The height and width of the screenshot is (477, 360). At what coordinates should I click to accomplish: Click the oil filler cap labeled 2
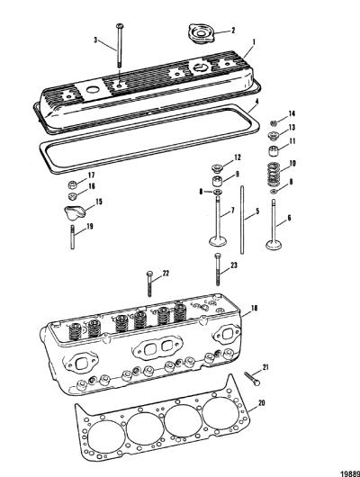[x=201, y=34]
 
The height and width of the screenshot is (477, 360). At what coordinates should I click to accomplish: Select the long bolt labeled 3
[x=120, y=46]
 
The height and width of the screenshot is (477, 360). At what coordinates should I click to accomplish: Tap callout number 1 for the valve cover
[x=254, y=42]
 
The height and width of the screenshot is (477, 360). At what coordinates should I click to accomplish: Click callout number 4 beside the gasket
[x=256, y=102]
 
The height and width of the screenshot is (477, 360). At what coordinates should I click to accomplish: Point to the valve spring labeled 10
[x=274, y=174]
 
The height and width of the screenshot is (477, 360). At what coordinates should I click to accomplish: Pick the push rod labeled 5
[x=242, y=220]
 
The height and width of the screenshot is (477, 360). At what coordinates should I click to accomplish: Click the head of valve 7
[x=218, y=241]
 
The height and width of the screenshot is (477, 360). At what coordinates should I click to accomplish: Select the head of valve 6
[x=274, y=245]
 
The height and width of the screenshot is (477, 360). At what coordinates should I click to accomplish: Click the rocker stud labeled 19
[x=72, y=237]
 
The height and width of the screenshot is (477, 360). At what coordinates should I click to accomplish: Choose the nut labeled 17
[x=72, y=184]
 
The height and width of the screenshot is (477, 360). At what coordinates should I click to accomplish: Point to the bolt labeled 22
[x=149, y=283]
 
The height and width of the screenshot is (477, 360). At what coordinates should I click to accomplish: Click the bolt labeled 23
[x=218, y=269]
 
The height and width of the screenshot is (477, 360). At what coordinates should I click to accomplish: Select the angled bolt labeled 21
[x=252, y=378]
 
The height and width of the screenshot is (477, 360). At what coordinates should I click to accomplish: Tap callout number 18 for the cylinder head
[x=254, y=308]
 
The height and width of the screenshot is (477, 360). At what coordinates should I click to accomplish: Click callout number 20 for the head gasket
[x=261, y=403]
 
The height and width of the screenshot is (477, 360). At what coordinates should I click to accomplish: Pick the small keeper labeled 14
[x=274, y=123]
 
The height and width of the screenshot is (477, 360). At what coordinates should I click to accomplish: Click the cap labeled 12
[x=216, y=167]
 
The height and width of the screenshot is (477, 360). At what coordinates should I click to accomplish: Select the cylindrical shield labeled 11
[x=273, y=151]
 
